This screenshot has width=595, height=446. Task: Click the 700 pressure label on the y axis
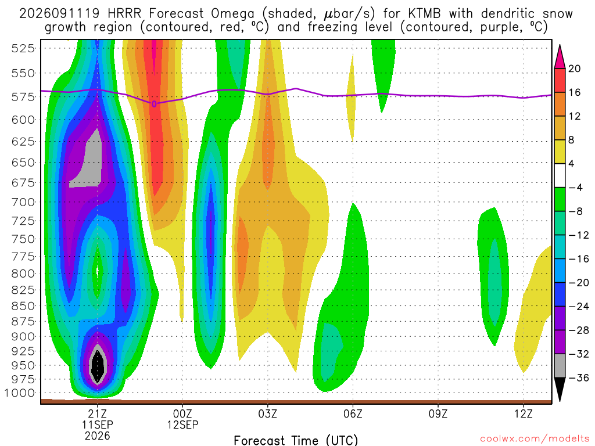23,202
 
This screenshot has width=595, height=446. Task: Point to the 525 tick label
23,49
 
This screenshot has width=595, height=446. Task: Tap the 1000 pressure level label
20,393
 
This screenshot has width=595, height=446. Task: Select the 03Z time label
268,413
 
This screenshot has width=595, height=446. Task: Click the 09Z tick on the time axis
438,413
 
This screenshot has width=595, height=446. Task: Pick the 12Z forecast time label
524,413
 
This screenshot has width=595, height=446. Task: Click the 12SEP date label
183,425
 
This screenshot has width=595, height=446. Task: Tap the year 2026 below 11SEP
98,436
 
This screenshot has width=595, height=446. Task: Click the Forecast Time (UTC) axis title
296,440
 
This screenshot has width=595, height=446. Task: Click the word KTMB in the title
425,14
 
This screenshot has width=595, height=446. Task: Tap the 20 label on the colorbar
575,69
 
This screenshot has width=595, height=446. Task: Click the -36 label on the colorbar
579,377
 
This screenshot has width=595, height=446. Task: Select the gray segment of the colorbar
560,366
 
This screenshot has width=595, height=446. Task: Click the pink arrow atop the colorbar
560,56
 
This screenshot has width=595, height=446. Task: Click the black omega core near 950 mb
98,366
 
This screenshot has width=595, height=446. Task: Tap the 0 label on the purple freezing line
154,104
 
